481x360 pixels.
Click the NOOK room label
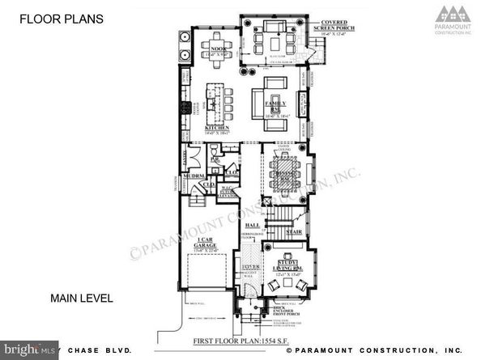pyautogui.click(x=218, y=50)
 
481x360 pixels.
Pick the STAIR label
pyautogui.click(x=296, y=230)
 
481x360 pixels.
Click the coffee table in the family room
pyautogui.click(x=273, y=100)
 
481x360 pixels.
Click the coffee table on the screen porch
pyautogui.click(x=273, y=39)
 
